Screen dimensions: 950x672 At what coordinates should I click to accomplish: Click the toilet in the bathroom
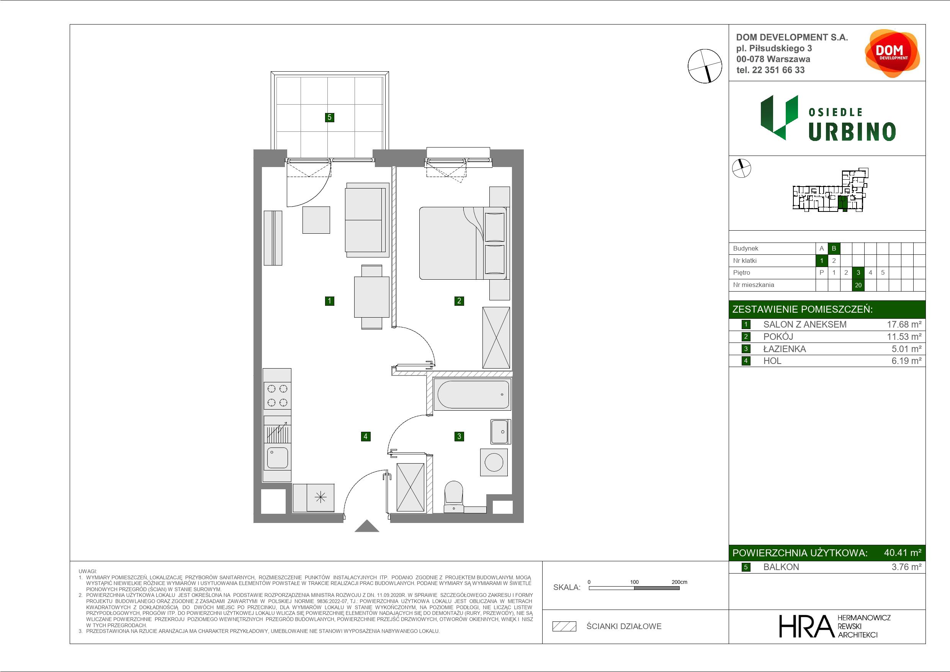[453, 497]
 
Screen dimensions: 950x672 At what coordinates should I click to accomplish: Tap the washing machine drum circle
[494, 462]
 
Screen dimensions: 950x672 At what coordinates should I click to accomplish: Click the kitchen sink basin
[277, 457]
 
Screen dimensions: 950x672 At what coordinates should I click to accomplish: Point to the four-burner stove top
[277, 395]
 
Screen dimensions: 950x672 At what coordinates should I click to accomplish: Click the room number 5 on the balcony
[329, 117]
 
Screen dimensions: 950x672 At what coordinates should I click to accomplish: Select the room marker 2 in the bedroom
[459, 301]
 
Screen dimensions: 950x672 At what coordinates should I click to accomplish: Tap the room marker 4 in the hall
[365, 436]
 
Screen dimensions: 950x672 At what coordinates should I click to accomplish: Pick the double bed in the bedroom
[463, 243]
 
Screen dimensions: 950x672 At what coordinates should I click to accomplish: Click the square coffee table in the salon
[316, 220]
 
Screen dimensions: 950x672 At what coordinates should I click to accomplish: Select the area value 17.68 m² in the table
[904, 325]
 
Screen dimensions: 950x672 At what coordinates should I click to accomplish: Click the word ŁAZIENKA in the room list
[785, 349]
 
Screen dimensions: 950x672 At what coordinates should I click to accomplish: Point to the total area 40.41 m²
[903, 552]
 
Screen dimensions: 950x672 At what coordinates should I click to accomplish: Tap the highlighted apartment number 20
[858, 285]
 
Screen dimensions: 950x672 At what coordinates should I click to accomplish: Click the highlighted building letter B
[834, 248]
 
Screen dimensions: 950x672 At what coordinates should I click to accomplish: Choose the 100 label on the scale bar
[634, 582]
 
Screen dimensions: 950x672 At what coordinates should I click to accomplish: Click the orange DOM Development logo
[892, 53]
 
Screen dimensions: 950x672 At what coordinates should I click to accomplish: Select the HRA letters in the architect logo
[806, 626]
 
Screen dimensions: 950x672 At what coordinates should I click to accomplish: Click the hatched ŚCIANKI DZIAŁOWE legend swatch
[564, 626]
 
